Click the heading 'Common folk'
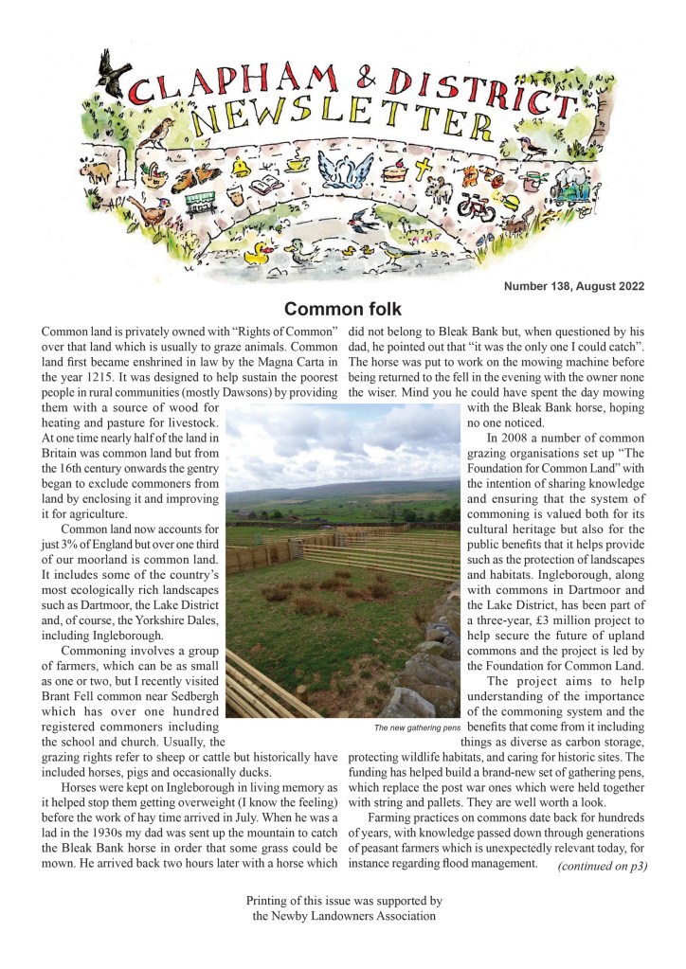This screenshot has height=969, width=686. [x=342, y=309]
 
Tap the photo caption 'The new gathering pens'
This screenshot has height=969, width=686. [x=417, y=727]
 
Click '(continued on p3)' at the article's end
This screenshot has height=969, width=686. [x=602, y=865]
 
